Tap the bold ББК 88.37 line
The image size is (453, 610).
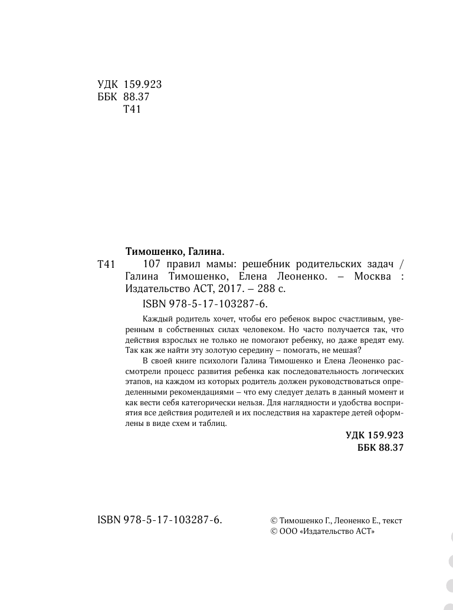click(380, 448)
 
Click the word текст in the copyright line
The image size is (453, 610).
click(392, 520)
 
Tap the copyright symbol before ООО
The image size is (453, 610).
click(273, 532)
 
